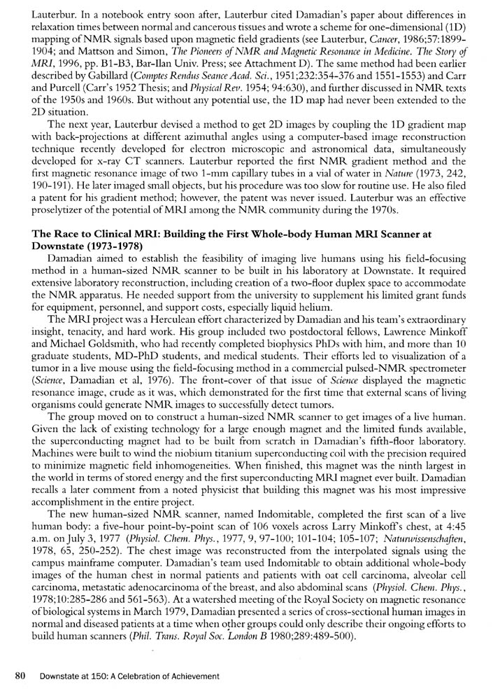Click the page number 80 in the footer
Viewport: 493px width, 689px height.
click(20, 676)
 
